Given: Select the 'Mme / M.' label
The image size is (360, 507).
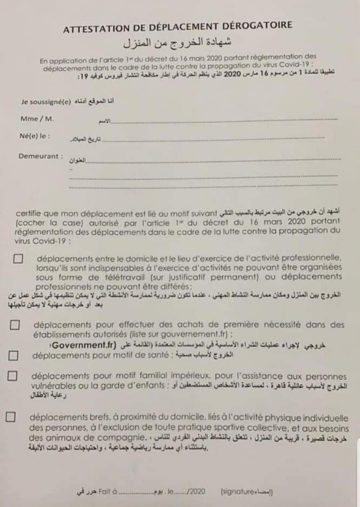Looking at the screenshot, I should click(x=37, y=119).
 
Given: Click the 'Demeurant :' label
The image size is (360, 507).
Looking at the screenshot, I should click(x=41, y=156).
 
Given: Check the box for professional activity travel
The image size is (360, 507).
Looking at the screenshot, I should click(x=18, y=258).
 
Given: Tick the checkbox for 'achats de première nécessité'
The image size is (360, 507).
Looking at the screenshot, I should click(x=15, y=325).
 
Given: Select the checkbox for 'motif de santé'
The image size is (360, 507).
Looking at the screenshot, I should click(x=14, y=355).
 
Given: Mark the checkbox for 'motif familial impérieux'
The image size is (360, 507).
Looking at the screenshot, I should click(x=12, y=376).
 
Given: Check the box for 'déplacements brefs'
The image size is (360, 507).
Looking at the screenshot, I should click(x=11, y=417).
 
